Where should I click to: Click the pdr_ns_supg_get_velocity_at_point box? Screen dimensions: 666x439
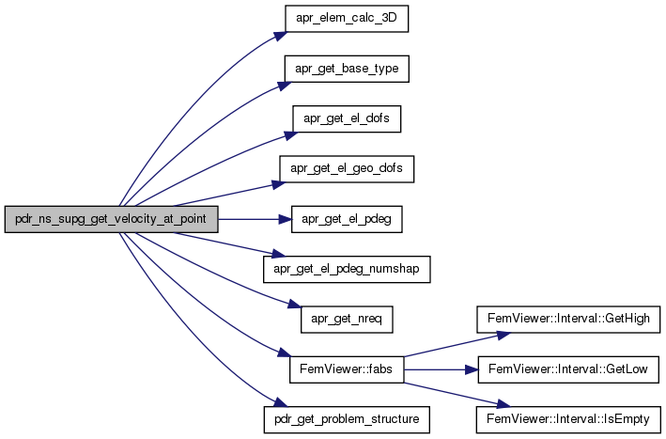[x=111, y=219]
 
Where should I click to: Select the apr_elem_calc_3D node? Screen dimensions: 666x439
[x=347, y=19]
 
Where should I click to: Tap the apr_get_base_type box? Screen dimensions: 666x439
[x=347, y=69]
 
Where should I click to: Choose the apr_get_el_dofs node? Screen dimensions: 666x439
[x=347, y=119]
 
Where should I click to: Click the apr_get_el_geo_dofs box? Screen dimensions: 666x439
[x=347, y=169]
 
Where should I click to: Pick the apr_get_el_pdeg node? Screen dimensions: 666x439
[x=347, y=219]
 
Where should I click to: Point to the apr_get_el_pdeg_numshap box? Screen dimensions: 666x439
[x=347, y=270]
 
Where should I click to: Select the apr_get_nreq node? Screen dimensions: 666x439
[x=347, y=320]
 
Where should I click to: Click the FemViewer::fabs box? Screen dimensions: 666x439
[x=347, y=369]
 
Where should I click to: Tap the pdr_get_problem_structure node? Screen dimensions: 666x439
[x=347, y=420]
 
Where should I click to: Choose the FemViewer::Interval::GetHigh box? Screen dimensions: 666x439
[x=568, y=320]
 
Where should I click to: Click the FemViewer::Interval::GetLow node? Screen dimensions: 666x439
[x=568, y=369]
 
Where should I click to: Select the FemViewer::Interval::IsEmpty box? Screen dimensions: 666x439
[x=568, y=420]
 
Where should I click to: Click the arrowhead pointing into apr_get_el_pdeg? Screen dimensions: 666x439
[x=286, y=219]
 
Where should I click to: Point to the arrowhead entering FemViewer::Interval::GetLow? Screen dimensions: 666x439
[x=472, y=369]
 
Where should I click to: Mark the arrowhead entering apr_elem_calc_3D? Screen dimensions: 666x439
[x=281, y=37]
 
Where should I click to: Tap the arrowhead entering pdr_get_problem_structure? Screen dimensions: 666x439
[x=281, y=402]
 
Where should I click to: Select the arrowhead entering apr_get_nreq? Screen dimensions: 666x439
[x=294, y=305]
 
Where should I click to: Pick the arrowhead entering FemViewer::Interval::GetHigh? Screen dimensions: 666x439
[x=503, y=336]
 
